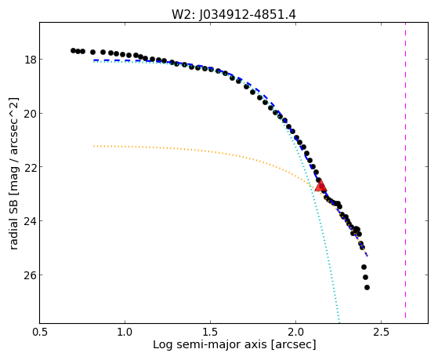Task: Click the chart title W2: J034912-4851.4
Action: [x=233, y=15]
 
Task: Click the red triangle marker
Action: [x=320, y=185]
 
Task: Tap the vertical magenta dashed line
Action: [x=405, y=170]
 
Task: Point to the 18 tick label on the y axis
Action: [x=29, y=60]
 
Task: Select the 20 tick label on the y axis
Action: [x=29, y=114]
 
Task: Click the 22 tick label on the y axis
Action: [x=29, y=167]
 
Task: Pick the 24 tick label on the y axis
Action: [x=29, y=221]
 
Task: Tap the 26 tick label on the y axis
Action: [x=29, y=275]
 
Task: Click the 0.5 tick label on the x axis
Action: [x=40, y=332]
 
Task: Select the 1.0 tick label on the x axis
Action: [x=125, y=332]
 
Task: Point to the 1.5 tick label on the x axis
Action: [x=210, y=332]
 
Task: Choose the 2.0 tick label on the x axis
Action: [x=295, y=332]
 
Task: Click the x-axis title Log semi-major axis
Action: [x=209, y=344]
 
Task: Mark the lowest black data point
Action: [x=367, y=287]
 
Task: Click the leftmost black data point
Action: [x=73, y=51]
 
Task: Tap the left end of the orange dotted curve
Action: [x=94, y=146]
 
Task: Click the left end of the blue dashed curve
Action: [x=94, y=60]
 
